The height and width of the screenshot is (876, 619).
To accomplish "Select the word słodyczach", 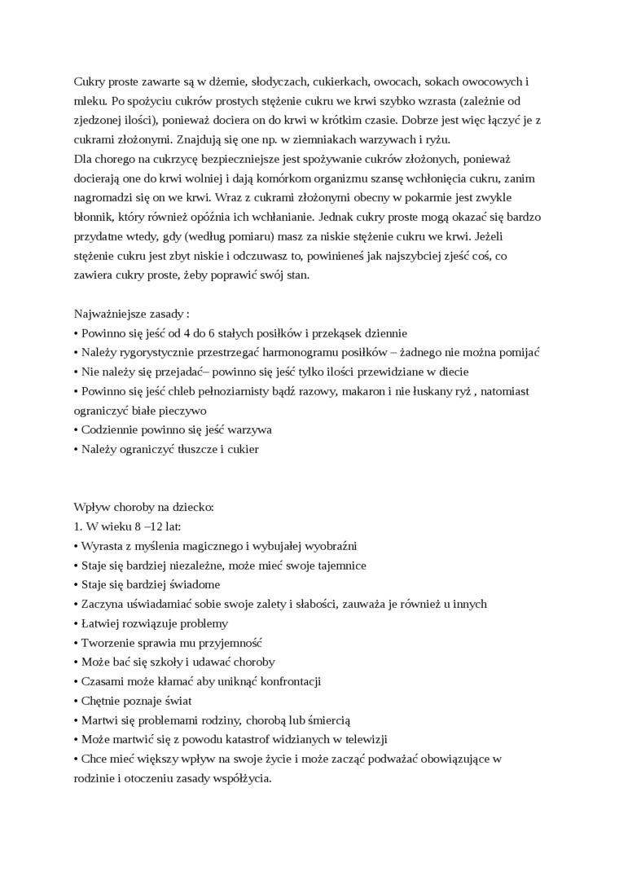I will click(x=277, y=82).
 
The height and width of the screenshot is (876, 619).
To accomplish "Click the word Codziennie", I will click(x=112, y=429).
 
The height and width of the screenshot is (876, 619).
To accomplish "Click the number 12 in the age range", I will click(x=156, y=526).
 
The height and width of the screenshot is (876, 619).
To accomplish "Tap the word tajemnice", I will click(x=335, y=565).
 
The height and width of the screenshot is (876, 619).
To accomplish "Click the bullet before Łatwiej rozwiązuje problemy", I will click(x=76, y=623).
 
